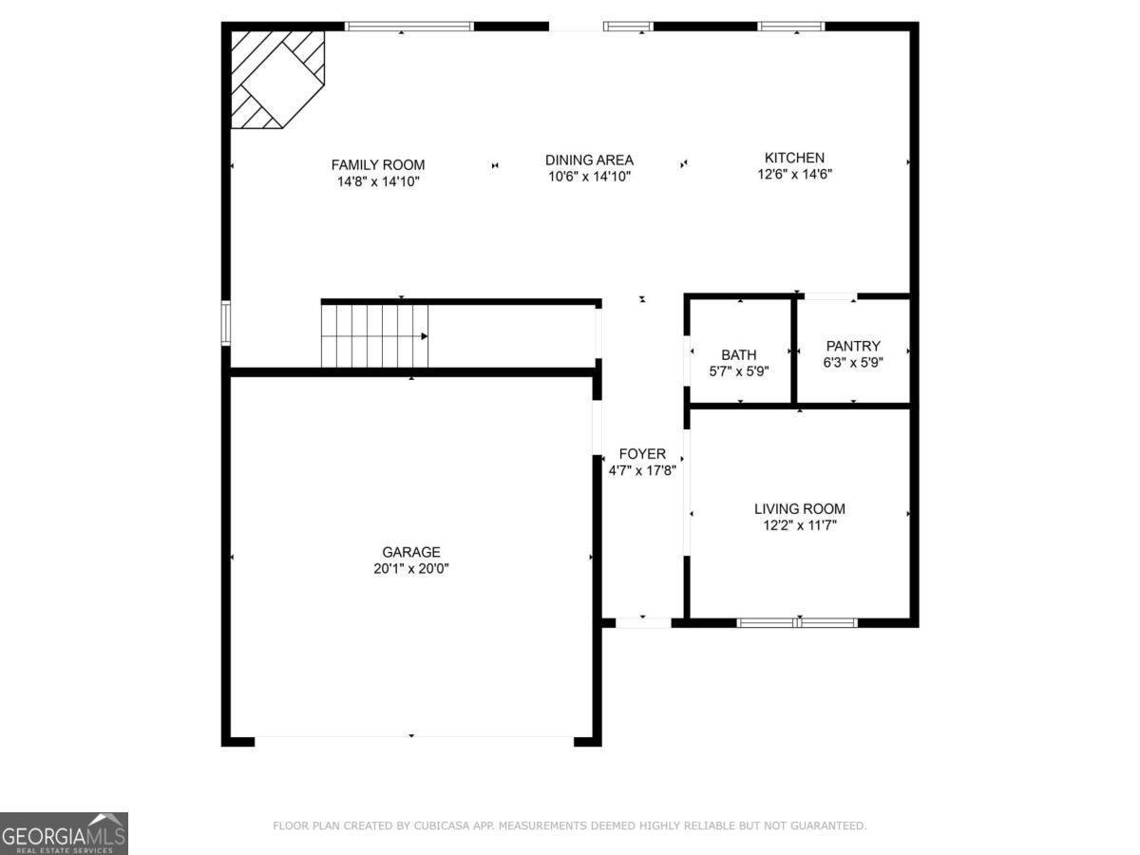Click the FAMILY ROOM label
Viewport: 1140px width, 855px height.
pyautogui.click(x=378, y=165)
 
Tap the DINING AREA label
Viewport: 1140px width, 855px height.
pyautogui.click(x=590, y=160)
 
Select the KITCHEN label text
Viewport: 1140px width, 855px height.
pyautogui.click(x=794, y=158)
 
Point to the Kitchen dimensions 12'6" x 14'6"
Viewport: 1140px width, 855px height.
pyautogui.click(x=794, y=175)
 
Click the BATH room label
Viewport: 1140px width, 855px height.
pyautogui.click(x=739, y=355)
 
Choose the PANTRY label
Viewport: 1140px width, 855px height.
pyautogui.click(x=853, y=346)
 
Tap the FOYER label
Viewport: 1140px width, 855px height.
pyautogui.click(x=642, y=454)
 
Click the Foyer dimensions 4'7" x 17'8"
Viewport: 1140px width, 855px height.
pyautogui.click(x=642, y=471)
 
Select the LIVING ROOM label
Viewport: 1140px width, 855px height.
pyautogui.click(x=800, y=509)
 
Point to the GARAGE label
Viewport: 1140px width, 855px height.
pyautogui.click(x=411, y=552)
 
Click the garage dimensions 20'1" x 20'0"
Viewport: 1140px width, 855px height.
pyautogui.click(x=411, y=569)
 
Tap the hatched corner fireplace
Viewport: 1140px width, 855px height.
pyautogui.click(x=276, y=79)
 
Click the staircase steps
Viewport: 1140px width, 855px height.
pyautogui.click(x=374, y=336)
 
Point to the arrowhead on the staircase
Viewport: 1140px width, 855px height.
pyautogui.click(x=425, y=336)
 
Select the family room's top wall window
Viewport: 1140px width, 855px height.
pyautogui.click(x=409, y=27)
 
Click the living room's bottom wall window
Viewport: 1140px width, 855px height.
pyautogui.click(x=797, y=623)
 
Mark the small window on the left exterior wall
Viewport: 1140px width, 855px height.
pyautogui.click(x=226, y=322)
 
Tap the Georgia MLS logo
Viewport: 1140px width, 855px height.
pyautogui.click(x=64, y=833)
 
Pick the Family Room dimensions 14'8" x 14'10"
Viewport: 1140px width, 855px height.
pyautogui.click(x=378, y=181)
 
